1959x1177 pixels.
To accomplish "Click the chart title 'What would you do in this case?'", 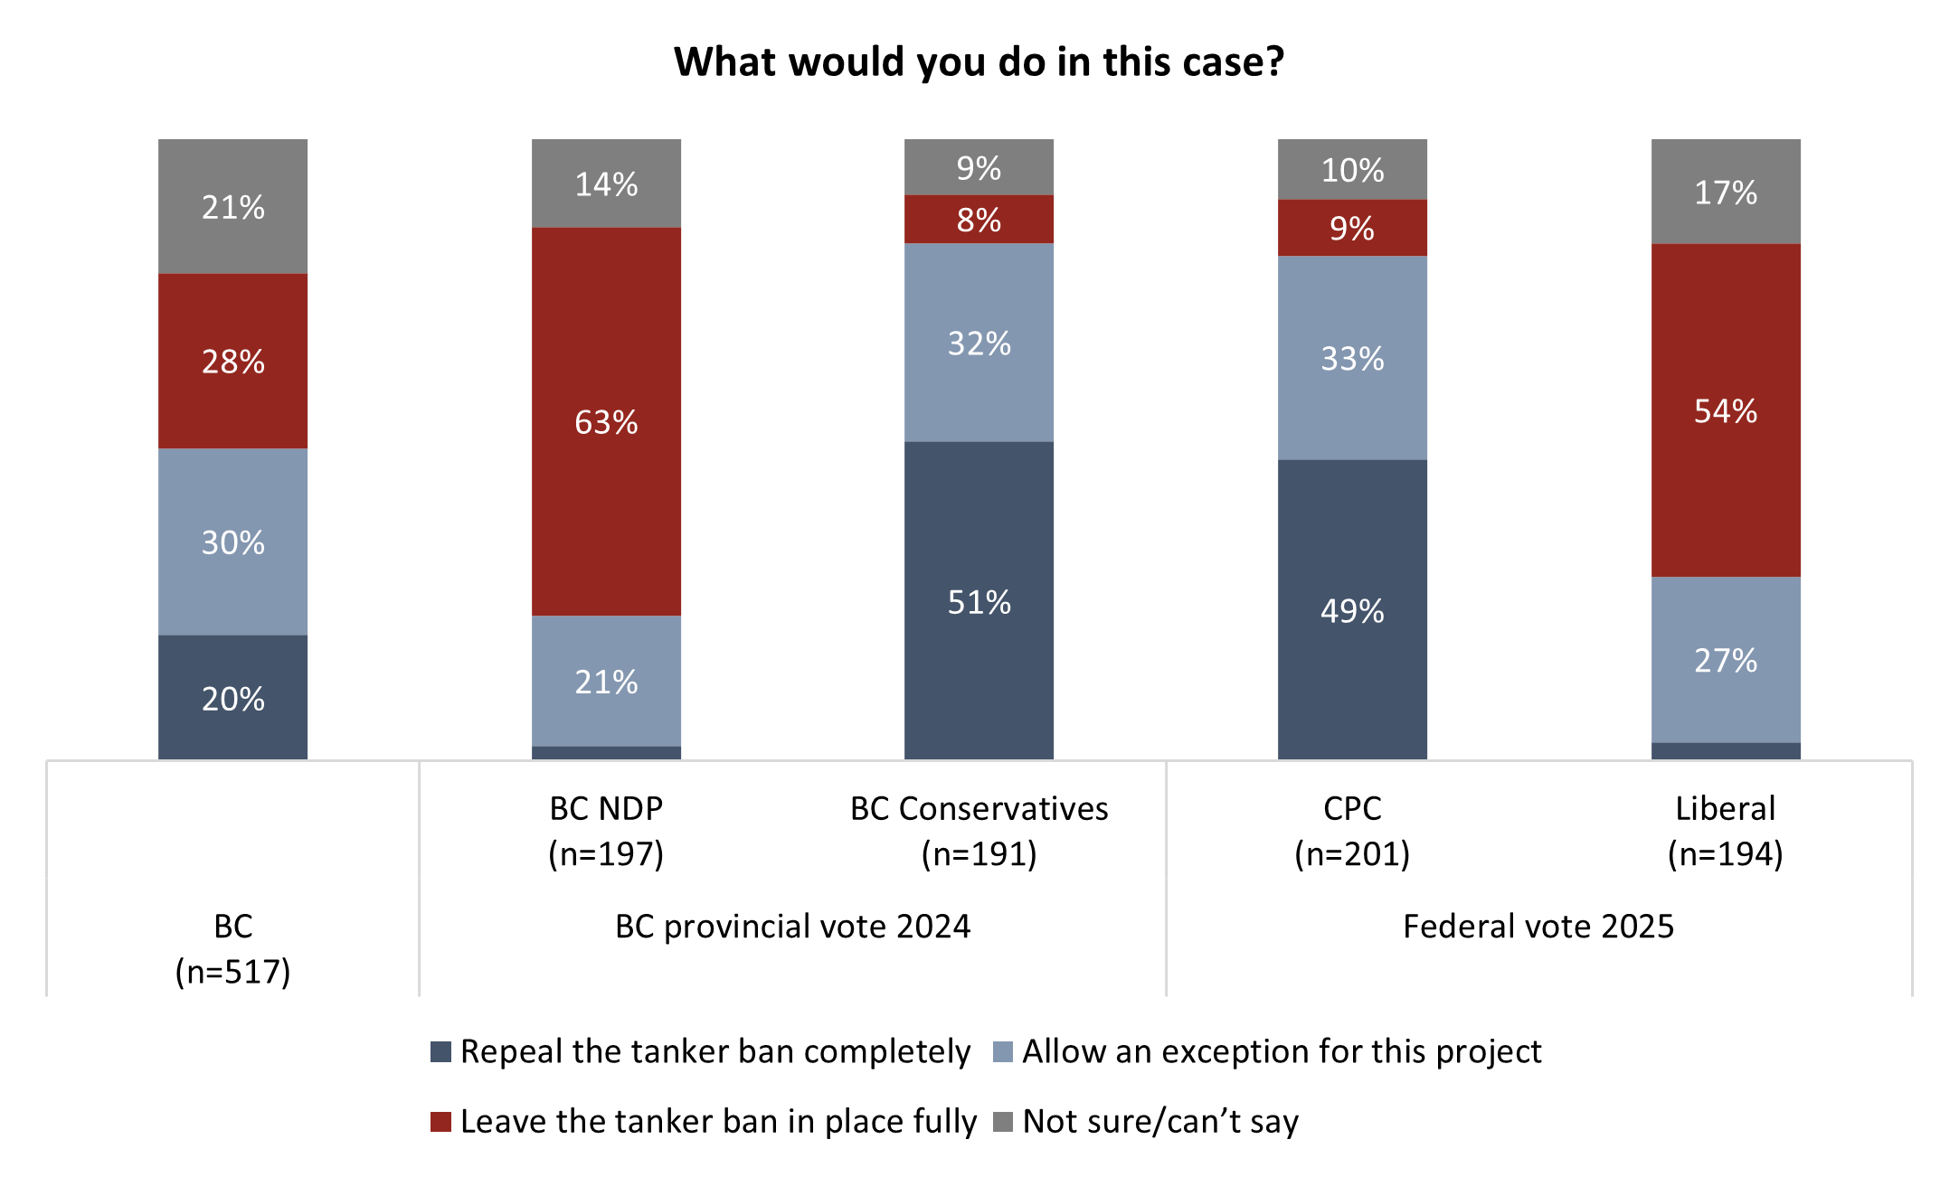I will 979,61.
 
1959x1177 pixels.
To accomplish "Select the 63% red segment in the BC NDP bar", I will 606,421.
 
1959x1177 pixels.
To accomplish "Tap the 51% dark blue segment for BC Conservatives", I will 979,600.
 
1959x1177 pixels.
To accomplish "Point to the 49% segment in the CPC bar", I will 1352,609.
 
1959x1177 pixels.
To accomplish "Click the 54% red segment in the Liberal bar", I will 1726,410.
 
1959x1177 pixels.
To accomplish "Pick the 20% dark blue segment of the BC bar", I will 232,697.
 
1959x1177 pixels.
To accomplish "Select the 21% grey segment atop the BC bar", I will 232,206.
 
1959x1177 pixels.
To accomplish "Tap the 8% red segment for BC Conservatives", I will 979,219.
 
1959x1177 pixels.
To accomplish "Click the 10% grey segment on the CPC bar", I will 1352,169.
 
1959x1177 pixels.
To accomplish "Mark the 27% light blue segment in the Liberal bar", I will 1726,660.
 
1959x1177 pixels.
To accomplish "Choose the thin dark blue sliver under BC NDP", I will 606,752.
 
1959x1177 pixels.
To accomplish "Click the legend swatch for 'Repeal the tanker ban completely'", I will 440,1051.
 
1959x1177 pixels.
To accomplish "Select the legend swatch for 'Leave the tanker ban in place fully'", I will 440,1121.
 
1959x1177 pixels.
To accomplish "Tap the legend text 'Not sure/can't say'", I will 1160,1121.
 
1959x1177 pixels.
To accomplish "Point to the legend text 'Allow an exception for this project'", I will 1282,1051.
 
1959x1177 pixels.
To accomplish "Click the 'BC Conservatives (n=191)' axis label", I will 979,830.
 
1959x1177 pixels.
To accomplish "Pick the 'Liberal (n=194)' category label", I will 1726,830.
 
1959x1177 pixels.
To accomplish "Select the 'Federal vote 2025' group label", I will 1538,926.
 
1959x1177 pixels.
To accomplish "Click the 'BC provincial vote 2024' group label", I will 792,926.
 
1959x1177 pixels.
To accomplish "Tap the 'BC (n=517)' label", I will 232,948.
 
